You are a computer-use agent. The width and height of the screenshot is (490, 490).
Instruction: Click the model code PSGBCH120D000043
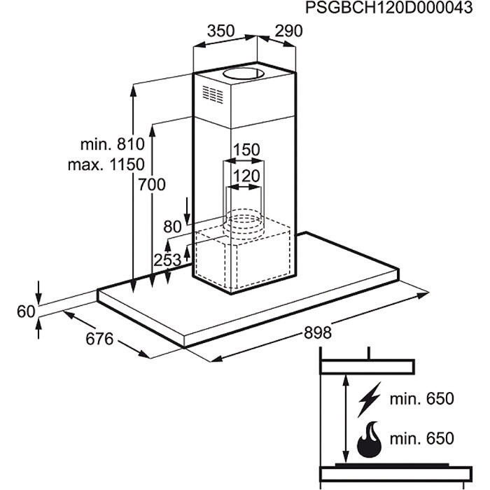pos(386,8)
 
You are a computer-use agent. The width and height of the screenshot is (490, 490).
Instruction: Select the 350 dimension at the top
pos(220,31)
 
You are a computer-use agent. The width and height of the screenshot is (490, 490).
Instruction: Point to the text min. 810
pos(112,145)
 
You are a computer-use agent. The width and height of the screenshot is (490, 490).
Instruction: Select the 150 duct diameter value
pos(246,150)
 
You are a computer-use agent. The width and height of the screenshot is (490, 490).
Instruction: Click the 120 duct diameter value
pos(246,176)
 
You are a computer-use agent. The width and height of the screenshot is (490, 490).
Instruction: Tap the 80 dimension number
pos(172,227)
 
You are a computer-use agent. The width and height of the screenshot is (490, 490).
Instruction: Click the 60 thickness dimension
pos(26,311)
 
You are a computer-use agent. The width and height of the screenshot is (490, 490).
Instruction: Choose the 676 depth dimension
pos(99,339)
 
